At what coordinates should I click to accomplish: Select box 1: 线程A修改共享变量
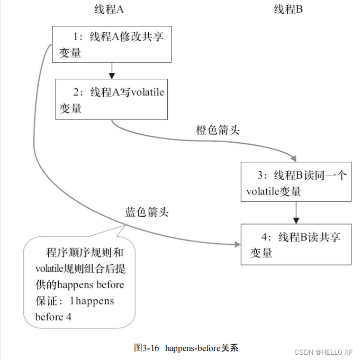[111, 44]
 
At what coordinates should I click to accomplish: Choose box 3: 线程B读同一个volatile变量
[296, 182]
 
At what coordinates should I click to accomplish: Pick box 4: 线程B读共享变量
[296, 244]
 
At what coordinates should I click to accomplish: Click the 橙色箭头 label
[218, 130]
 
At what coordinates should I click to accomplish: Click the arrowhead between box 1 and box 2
[111, 75]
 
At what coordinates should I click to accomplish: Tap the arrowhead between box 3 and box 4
[297, 219]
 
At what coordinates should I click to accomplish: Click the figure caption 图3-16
[147, 348]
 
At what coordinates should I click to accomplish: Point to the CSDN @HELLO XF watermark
[323, 352]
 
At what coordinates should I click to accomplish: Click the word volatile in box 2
[148, 93]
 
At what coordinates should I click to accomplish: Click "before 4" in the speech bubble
[53, 317]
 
